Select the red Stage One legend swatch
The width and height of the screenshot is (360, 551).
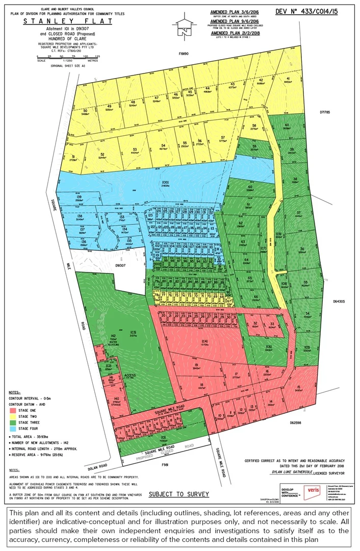coord(12,409)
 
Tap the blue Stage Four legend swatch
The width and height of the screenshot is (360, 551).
coord(12,429)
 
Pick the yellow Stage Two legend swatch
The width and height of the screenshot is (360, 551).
coord(12,416)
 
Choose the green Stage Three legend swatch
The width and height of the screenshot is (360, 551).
coord(12,422)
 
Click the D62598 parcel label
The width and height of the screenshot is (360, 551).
coord(297,422)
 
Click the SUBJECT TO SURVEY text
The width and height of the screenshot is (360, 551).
coord(178,494)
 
